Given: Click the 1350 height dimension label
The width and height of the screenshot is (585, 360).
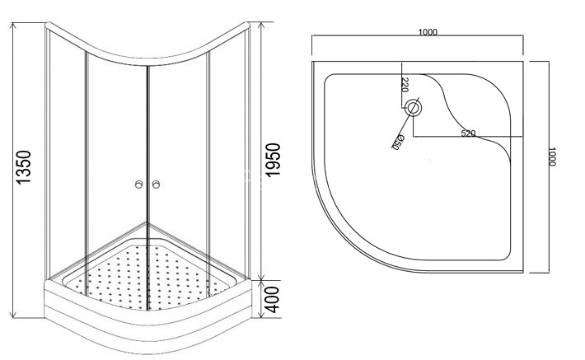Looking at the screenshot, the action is pyautogui.click(x=24, y=167).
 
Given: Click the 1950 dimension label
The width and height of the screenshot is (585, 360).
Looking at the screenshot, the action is pyautogui.click(x=273, y=160).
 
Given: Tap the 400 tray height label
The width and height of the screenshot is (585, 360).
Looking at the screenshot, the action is pyautogui.click(x=273, y=300).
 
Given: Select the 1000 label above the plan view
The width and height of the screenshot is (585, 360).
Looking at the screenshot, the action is pyautogui.click(x=428, y=32).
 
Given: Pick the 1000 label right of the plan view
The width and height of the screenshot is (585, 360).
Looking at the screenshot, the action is pyautogui.click(x=552, y=157).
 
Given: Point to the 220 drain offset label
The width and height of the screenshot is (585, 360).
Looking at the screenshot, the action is pyautogui.click(x=405, y=85).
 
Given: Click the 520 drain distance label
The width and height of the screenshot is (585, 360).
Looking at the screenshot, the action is pyautogui.click(x=468, y=133).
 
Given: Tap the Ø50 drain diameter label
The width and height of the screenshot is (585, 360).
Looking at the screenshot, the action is pyautogui.click(x=396, y=143).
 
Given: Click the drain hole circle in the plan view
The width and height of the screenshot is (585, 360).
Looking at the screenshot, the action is pyautogui.click(x=413, y=108).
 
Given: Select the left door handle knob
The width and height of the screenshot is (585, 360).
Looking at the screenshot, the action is pyautogui.click(x=138, y=185).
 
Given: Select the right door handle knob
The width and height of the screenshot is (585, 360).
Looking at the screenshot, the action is pyautogui.click(x=157, y=185).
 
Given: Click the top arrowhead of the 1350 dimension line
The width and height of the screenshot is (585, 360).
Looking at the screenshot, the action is pyautogui.click(x=13, y=26).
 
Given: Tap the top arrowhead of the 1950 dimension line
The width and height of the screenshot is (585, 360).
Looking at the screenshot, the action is pyautogui.click(x=261, y=26).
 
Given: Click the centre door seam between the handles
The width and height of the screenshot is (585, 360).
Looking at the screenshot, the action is pyautogui.click(x=147, y=185).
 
